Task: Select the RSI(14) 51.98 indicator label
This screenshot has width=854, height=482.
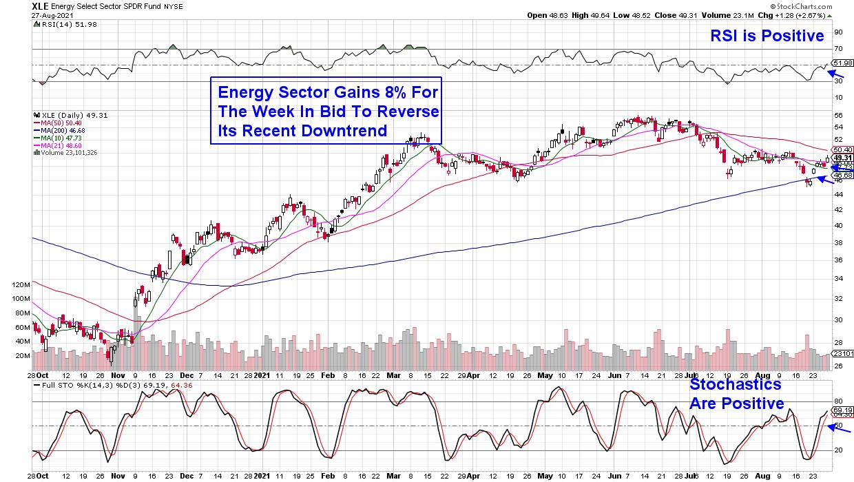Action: click(58, 23)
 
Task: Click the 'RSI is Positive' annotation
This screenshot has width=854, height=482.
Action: click(767, 36)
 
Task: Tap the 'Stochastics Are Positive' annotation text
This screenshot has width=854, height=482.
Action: click(736, 394)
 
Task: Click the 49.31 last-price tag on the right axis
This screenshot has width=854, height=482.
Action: click(842, 158)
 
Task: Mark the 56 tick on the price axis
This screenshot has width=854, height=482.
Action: click(838, 116)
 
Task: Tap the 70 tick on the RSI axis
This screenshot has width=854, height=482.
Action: click(838, 48)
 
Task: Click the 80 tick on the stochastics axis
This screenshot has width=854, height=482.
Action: click(838, 401)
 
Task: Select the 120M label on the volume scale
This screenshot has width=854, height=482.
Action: click(41, 284)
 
